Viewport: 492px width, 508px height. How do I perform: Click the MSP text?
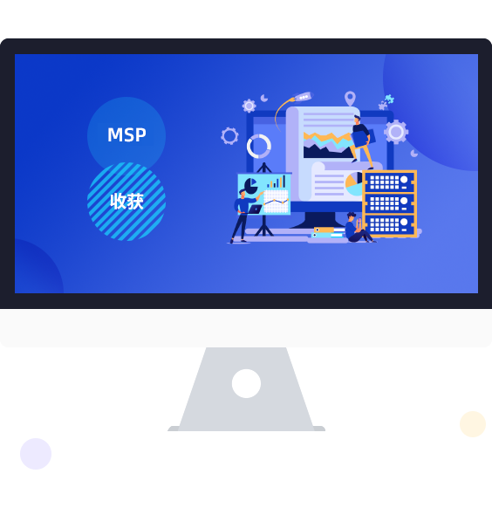126,134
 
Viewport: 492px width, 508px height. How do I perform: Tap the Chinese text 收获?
126,201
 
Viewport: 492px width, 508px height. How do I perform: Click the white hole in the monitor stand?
246,383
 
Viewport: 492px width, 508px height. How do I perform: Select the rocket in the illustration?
304,96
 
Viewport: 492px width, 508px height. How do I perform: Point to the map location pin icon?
350,99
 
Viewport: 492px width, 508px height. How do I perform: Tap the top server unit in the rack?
389,182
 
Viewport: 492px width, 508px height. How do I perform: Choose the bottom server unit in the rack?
389,224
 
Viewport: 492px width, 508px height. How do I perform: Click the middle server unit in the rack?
389,203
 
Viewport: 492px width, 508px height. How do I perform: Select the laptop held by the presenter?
255,209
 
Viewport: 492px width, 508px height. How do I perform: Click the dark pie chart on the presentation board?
250,186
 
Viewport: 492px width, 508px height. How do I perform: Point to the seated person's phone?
359,223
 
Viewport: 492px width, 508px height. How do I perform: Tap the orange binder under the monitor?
324,230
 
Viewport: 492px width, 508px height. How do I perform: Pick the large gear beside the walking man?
396,132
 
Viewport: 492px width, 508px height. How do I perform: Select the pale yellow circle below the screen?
473,424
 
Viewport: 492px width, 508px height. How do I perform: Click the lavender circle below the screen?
36,454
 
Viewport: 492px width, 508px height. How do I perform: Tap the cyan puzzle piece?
389,99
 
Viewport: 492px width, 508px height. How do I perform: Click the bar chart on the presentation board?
277,182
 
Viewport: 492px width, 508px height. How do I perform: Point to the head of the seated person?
352,216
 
